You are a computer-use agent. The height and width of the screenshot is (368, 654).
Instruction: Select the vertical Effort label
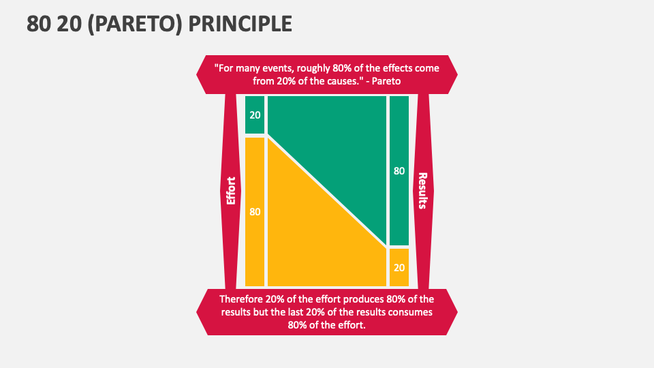tap(231, 191)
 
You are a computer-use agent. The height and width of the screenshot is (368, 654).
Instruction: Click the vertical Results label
tap(422, 190)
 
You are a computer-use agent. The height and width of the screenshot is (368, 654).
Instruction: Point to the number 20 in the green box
tap(255, 114)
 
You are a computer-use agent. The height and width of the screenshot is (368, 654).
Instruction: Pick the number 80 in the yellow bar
tap(255, 212)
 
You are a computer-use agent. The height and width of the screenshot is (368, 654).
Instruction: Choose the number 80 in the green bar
tap(399, 171)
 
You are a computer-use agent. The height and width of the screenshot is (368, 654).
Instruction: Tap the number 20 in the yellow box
tap(399, 267)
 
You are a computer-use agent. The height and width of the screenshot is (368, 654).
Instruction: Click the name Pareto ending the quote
tap(386, 80)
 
